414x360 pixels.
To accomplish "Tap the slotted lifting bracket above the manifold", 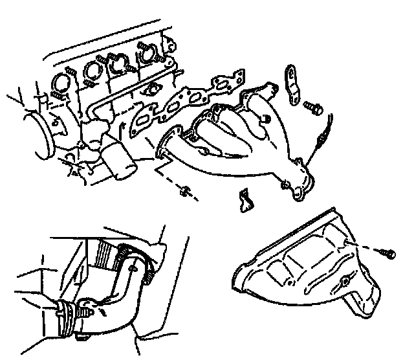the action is coord(290,84).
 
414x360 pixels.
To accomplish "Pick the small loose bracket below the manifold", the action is coord(245,199).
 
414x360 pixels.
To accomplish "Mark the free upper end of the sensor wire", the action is coord(331,117).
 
